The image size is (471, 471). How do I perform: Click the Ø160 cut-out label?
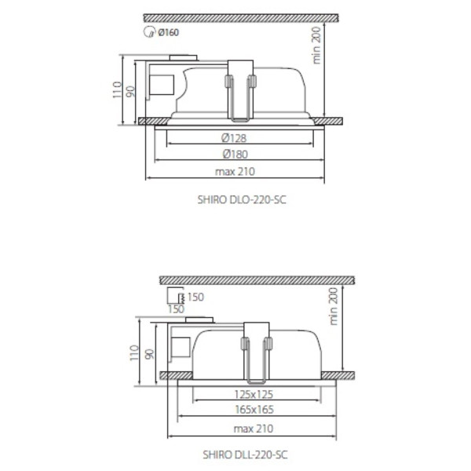pyautogui.click(x=168, y=32)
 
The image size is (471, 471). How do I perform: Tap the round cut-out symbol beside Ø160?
pyautogui.click(x=149, y=32)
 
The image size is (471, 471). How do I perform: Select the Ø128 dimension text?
pyautogui.click(x=234, y=138)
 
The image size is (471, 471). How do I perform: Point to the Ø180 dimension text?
pyautogui.click(x=235, y=154)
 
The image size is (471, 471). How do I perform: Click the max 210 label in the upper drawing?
pyautogui.click(x=235, y=171)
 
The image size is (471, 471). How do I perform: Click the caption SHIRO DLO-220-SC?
pyautogui.click(x=242, y=199)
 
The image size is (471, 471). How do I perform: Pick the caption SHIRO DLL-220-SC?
pyautogui.click(x=245, y=455)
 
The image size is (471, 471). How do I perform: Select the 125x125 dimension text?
pyautogui.click(x=254, y=394)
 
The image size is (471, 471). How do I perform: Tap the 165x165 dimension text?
pyautogui.click(x=254, y=410)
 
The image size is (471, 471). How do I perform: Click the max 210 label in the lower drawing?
pyautogui.click(x=254, y=429)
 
